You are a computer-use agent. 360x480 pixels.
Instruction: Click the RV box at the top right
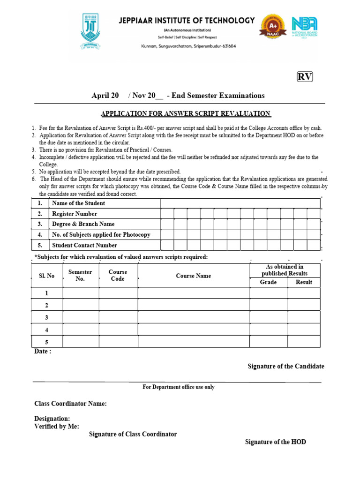pyautogui.click(x=305, y=77)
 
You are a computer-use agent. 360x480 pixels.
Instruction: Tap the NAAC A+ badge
pyautogui.click(x=272, y=30)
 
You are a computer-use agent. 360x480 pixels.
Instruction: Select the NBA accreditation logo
pyautogui.click(x=305, y=29)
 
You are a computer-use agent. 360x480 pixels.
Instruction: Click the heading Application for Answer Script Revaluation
pyautogui.click(x=186, y=113)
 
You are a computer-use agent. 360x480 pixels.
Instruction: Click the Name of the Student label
pyautogui.click(x=78, y=203)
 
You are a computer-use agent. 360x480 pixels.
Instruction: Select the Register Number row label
pyautogui.click(x=75, y=214)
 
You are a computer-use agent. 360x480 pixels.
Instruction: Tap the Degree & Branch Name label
pyautogui.click(x=83, y=224)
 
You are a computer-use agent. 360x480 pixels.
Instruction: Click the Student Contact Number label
pyautogui.click(x=84, y=245)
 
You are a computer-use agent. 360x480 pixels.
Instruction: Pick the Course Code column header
pyautogui.click(x=118, y=275)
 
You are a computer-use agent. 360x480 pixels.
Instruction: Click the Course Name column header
pyautogui.click(x=193, y=276)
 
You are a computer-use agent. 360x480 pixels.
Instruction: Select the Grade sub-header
pyautogui.click(x=268, y=282)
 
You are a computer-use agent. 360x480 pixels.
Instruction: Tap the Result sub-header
pyautogui.click(x=304, y=282)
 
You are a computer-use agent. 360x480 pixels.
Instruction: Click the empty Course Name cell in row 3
pyautogui.click(x=193, y=317)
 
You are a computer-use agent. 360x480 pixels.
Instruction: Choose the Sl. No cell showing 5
pyautogui.click(x=46, y=342)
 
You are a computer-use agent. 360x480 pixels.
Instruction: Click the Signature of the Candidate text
pyautogui.click(x=285, y=367)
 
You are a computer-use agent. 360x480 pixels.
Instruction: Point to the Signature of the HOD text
pyautogui.click(x=275, y=442)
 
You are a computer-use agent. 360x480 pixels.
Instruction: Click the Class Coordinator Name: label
pyautogui.click(x=70, y=404)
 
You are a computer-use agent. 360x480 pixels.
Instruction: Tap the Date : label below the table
pyautogui.click(x=43, y=352)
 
